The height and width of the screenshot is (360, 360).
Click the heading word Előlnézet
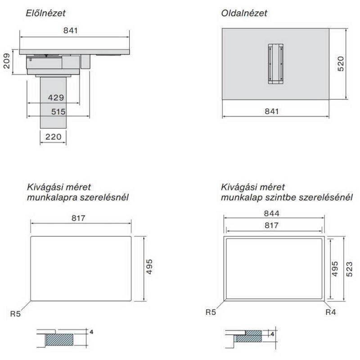tap(45, 13)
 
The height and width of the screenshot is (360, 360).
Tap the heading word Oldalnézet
tap(244, 13)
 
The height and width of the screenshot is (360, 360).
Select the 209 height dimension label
tap(7, 61)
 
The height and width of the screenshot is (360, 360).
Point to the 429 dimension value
tap(56, 98)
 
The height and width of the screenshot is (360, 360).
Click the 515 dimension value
tap(58, 112)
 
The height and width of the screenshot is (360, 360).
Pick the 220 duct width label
tap(53, 137)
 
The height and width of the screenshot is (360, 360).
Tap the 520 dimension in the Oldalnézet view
tap(341, 63)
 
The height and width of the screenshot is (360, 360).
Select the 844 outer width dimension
tap(272, 213)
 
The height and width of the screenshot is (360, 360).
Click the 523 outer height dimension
tap(349, 269)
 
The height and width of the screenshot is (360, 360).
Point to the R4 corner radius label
tap(331, 312)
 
